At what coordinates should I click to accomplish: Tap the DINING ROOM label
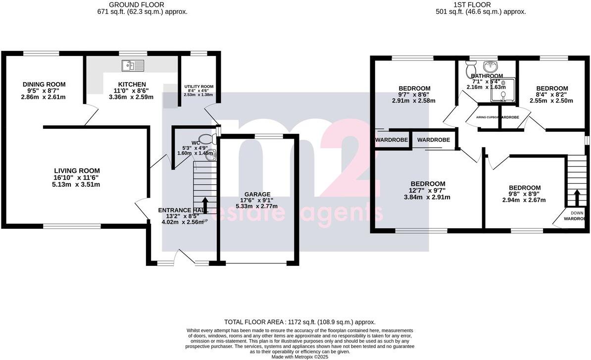tap(44, 85)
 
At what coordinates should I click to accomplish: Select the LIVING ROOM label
tap(77, 171)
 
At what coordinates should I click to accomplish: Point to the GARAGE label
tap(257, 194)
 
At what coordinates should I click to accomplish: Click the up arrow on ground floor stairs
tap(204, 203)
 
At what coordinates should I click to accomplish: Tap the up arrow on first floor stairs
tap(576, 197)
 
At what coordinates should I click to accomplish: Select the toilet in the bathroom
tap(470, 70)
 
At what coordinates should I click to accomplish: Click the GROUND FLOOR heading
tap(142, 5)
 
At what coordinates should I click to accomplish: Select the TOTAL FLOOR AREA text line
tap(299, 322)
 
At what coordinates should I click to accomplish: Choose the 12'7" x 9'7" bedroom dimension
tap(428, 191)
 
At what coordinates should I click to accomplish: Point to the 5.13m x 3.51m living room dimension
tap(77, 185)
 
